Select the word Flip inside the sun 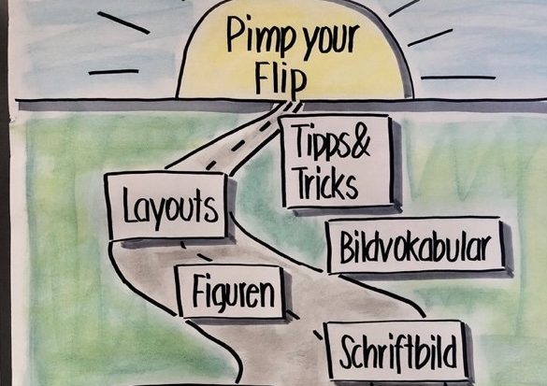coord(281,80)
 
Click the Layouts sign coord(167,206)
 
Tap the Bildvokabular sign coord(416,245)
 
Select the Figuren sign coord(231,292)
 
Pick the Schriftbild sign coord(396,350)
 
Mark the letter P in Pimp coord(236,34)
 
